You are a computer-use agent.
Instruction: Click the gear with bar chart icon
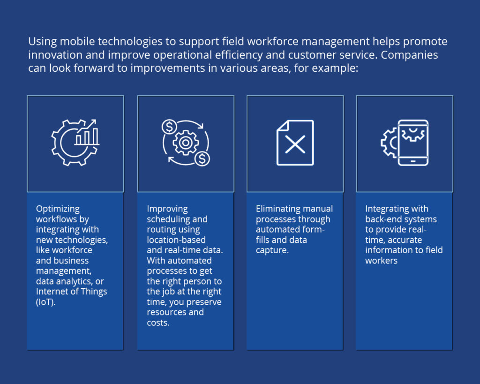75,142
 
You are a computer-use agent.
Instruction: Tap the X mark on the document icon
295,144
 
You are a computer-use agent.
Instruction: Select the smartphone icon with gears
405,143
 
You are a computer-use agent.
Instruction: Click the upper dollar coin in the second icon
169,127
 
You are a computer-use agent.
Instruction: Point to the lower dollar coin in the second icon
202,159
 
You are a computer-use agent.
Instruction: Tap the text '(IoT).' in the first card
45,302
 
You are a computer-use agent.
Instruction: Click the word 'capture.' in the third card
271,250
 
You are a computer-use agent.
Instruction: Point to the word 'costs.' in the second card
158,323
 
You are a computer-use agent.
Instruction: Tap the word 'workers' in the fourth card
381,261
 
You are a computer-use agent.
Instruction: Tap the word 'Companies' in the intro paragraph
409,54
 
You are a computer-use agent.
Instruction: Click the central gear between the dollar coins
186,143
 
